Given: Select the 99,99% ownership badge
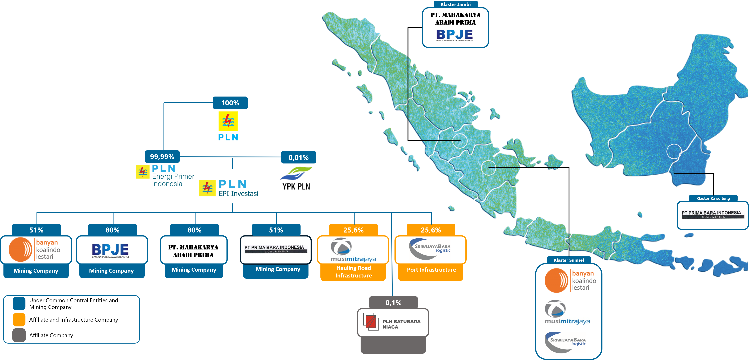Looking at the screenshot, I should coord(162,157).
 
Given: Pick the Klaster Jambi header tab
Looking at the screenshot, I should coord(455,4).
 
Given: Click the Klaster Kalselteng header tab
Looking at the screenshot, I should coord(713,198).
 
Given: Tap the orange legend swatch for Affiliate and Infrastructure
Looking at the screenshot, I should coord(19,320).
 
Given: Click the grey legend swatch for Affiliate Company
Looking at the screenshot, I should coord(19,335).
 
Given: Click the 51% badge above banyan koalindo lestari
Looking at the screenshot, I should coord(36,230).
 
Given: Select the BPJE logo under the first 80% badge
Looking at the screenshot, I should coord(111,250).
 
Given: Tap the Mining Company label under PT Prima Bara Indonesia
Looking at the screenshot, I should coord(278,270).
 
